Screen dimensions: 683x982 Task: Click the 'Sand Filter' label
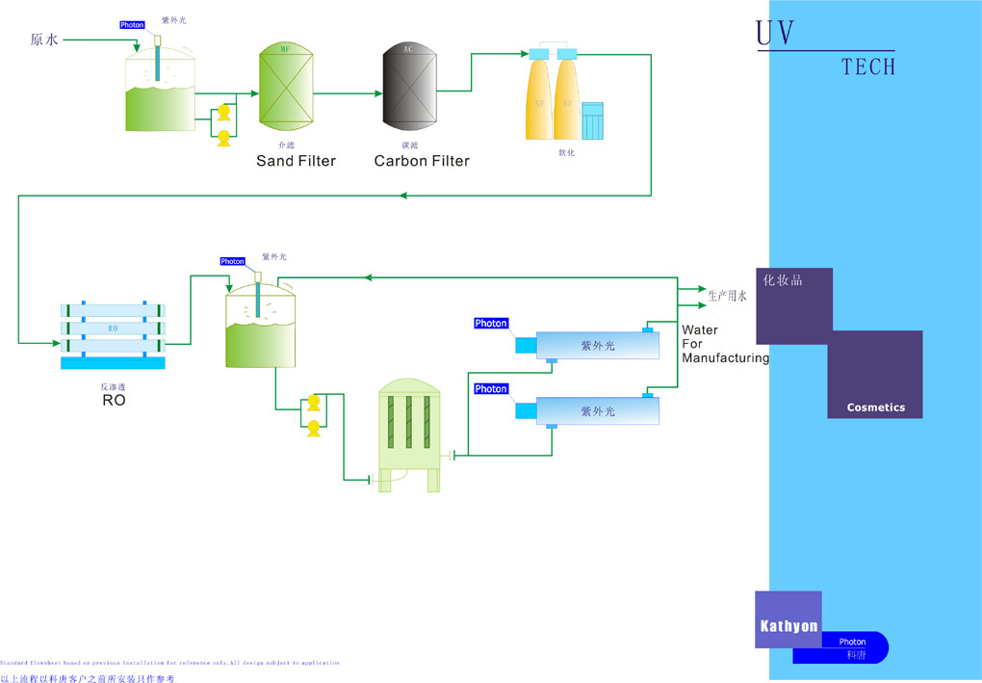[x=296, y=161]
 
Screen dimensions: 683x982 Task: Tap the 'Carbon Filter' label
[x=422, y=161]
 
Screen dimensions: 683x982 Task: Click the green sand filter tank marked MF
[x=286, y=88]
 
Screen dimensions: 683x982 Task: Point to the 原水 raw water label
[x=44, y=39]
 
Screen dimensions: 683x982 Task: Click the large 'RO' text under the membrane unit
[x=114, y=400]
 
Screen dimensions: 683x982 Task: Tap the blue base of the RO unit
[x=113, y=362]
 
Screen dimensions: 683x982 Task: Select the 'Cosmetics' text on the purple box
[x=875, y=407]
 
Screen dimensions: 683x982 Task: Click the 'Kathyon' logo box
[x=788, y=625]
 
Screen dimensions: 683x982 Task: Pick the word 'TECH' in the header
[x=867, y=66]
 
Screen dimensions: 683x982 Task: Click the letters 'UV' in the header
[x=776, y=34]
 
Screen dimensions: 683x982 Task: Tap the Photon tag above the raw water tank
[x=132, y=25]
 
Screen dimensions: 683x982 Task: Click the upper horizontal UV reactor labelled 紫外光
[x=597, y=346]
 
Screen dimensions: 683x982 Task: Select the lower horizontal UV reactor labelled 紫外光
[x=597, y=411]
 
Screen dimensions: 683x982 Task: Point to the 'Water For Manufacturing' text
[x=724, y=344]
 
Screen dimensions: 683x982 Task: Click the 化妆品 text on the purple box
[x=782, y=280]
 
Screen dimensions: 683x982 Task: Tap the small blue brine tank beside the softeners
[x=592, y=120]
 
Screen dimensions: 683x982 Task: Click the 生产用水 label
[x=727, y=297]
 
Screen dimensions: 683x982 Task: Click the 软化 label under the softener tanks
[x=566, y=152]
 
